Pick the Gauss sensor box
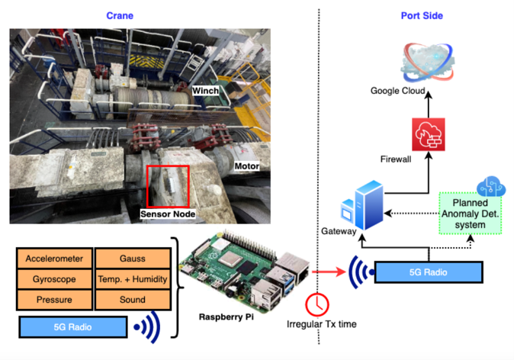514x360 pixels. pos(132,259)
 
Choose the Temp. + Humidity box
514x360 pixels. pos(132,279)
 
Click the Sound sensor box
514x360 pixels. pos(132,300)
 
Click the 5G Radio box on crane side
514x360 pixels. pos(72,327)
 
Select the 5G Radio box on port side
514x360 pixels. pos(428,272)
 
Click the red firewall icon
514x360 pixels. pos(426,134)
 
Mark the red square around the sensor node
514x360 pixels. pos(168,185)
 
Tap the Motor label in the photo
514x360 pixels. pos(246,166)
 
